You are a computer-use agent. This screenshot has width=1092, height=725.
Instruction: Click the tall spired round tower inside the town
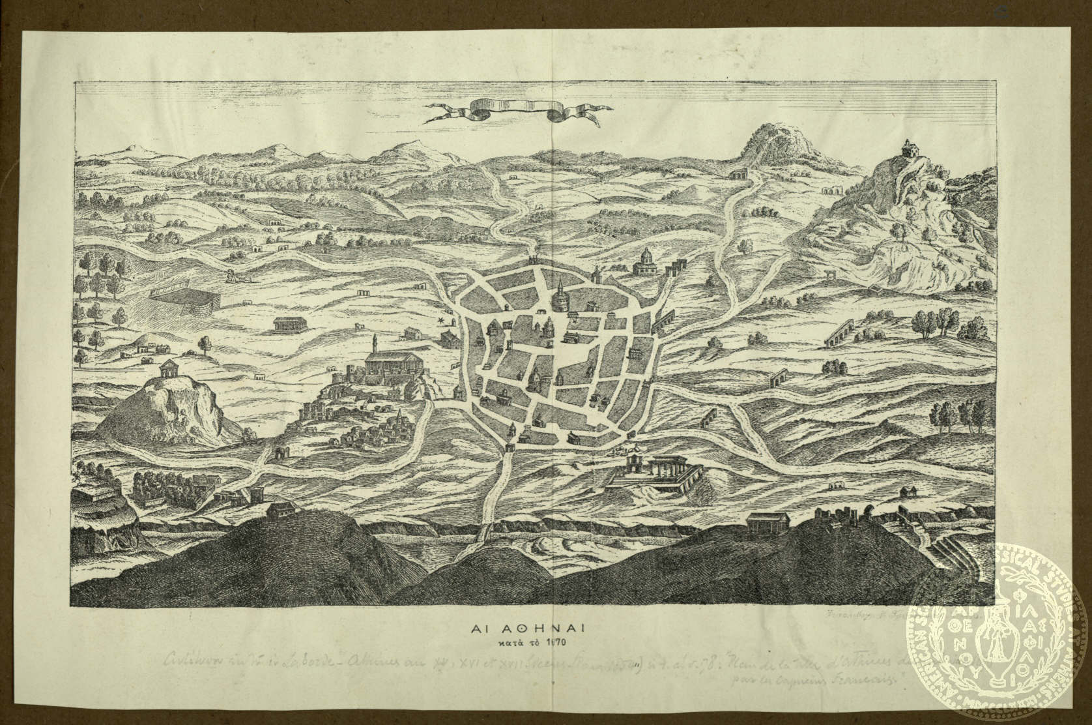pos(560,297)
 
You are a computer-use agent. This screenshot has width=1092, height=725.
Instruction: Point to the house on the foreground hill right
pos(768,522)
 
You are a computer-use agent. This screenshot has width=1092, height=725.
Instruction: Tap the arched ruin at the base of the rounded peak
pos(738,174)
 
